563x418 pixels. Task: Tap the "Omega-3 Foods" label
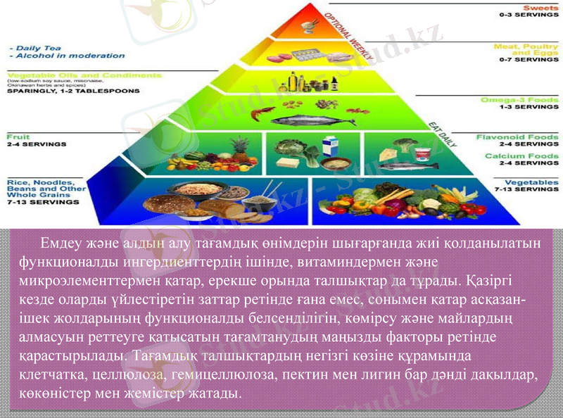pyautogui.click(x=520, y=100)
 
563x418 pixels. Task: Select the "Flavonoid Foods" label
pyautogui.click(x=517, y=137)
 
